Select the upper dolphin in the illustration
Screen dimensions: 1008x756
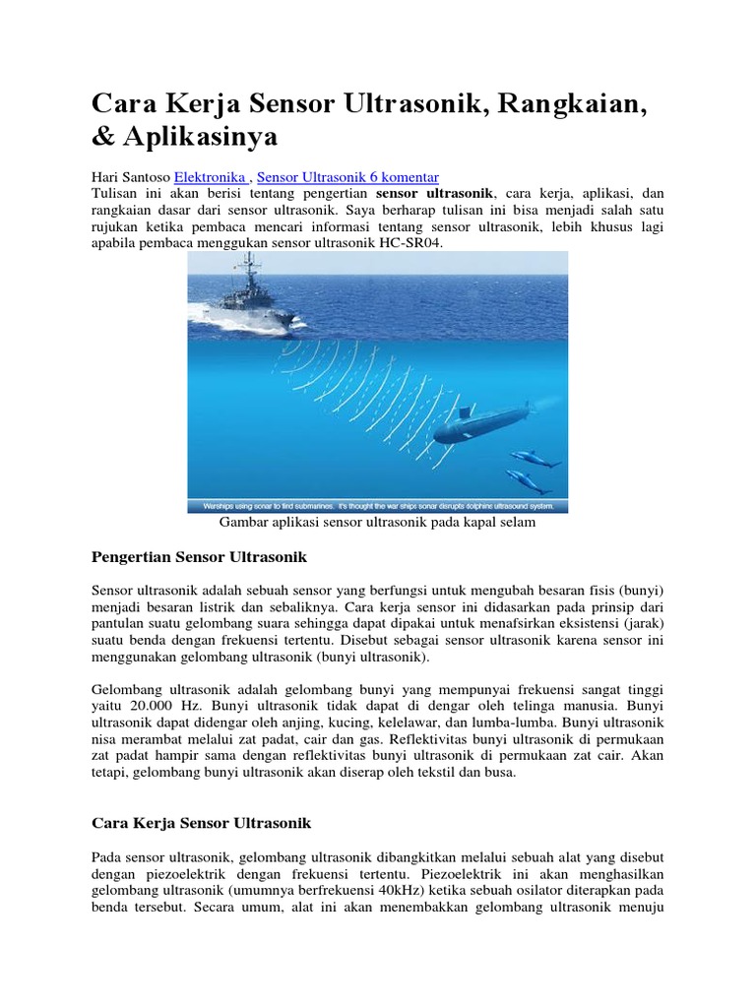pyautogui.click(x=534, y=459)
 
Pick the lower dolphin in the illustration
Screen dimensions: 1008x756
pyautogui.click(x=529, y=481)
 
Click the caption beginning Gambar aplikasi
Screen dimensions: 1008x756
pyautogui.click(x=377, y=523)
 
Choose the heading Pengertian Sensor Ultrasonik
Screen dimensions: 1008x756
pyautogui.click(x=199, y=557)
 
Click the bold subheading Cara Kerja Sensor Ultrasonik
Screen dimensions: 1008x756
pyautogui.click(x=201, y=822)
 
